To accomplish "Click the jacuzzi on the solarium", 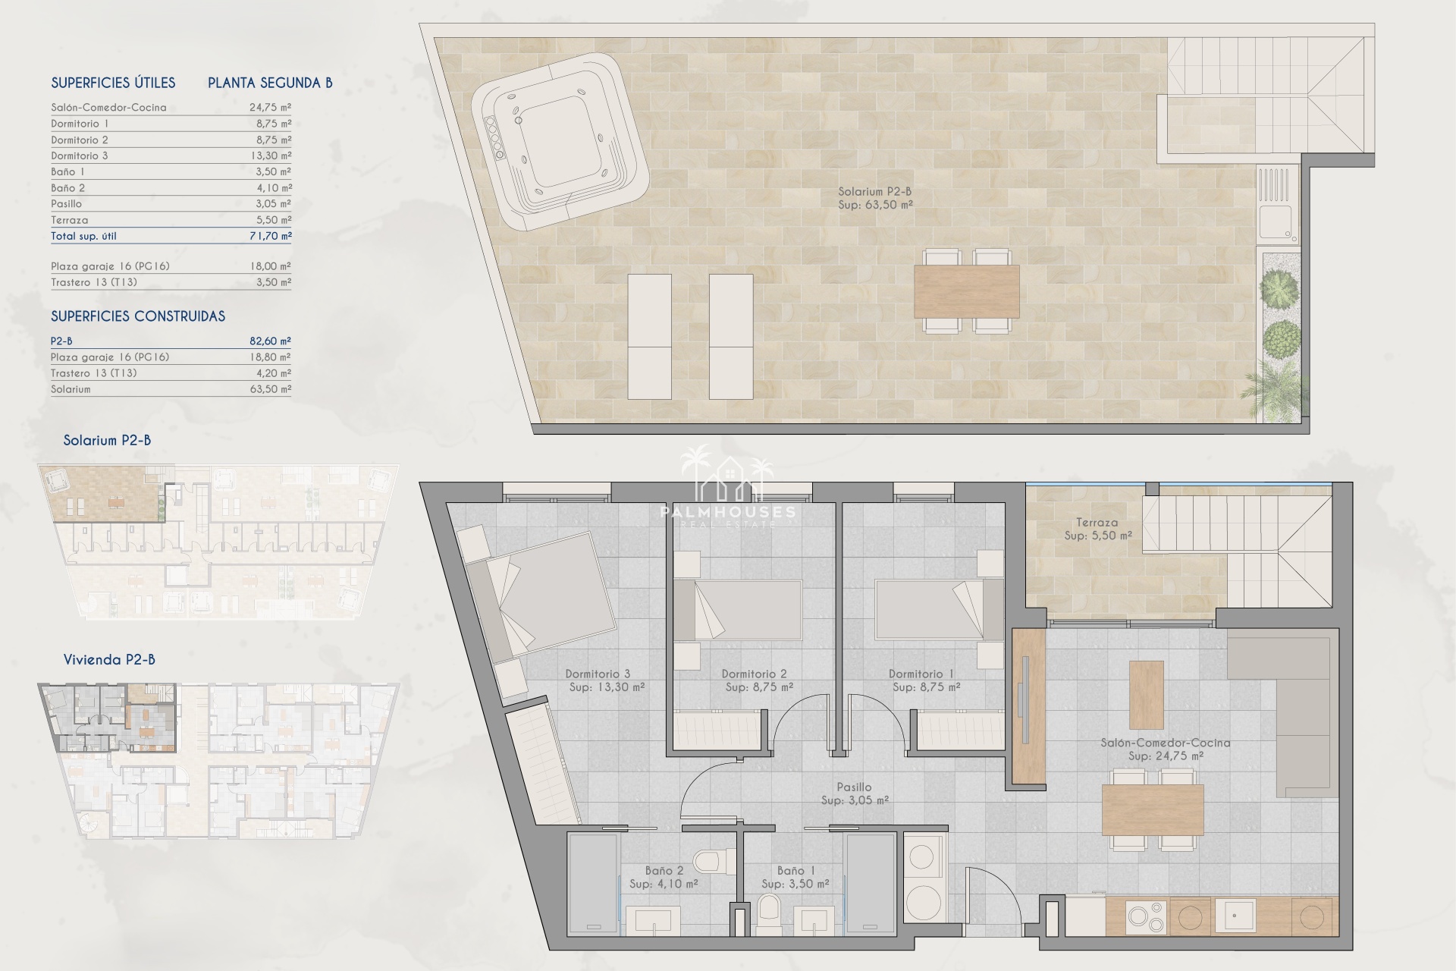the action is [x=560, y=142].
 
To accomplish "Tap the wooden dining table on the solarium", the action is [x=966, y=291].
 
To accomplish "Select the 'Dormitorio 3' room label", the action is [x=598, y=674].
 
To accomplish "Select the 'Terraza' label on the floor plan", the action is [x=1097, y=522].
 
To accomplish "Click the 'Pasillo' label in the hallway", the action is [x=854, y=787].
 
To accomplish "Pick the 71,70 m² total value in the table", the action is [x=271, y=236].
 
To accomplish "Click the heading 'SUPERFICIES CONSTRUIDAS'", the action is [x=138, y=316].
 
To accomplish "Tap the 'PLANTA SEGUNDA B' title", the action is [x=270, y=83].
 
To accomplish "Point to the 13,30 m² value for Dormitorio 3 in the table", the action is [x=271, y=156].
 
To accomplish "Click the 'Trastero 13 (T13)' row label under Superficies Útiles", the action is [x=94, y=282].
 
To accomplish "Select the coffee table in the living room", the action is [x=1146, y=695].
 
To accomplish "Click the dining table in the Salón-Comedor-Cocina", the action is [x=1153, y=810].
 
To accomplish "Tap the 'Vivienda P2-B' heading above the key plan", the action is [x=109, y=659].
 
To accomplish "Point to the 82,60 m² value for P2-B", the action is [x=271, y=341].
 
